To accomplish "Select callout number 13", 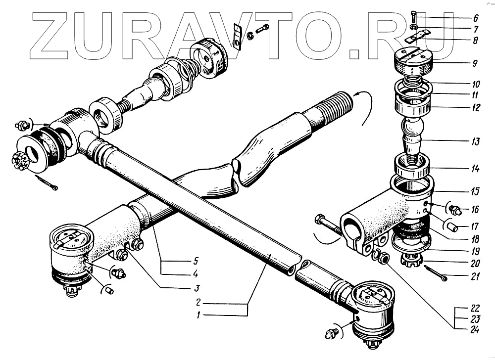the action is coord(475,142).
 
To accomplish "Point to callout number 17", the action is coord(475,228).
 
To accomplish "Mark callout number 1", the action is coord(197,315).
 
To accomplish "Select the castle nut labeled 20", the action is coord(410,259).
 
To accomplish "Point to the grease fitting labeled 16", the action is coord(456,211).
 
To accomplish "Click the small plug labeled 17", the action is coord(451,227).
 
